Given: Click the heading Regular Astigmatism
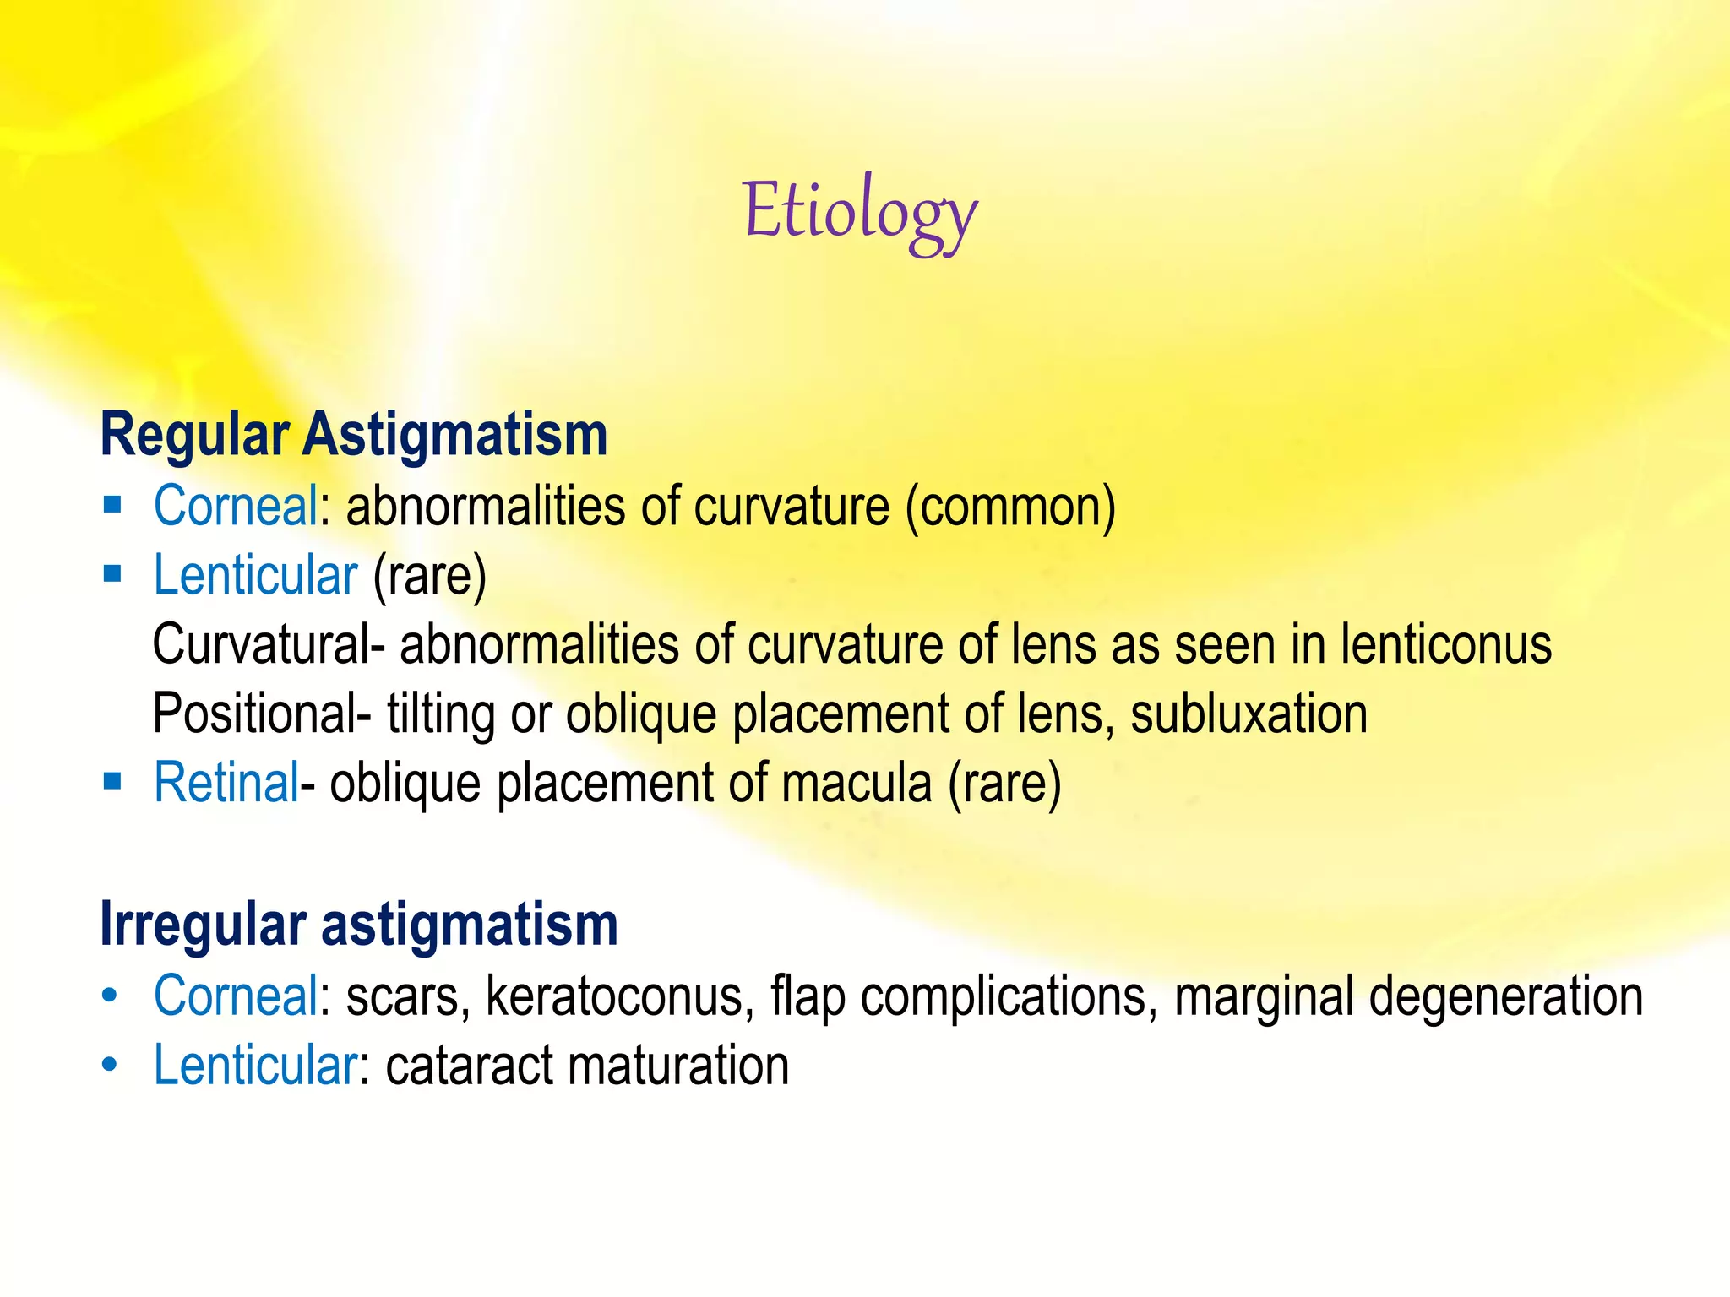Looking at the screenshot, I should [354, 435].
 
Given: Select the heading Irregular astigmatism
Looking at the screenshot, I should [359, 925].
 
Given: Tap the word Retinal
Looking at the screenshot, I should [226, 783].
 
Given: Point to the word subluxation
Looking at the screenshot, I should [1249, 714].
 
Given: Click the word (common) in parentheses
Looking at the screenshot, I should [1010, 507].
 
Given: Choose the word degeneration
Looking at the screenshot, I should [1505, 996].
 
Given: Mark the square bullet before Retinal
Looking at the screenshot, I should [112, 780].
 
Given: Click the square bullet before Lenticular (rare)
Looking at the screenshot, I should [112, 573].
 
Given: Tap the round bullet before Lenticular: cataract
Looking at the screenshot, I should [110, 1065].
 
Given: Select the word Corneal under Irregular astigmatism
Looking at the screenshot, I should [236, 996].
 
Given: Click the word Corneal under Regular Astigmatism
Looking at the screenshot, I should [236, 507].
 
